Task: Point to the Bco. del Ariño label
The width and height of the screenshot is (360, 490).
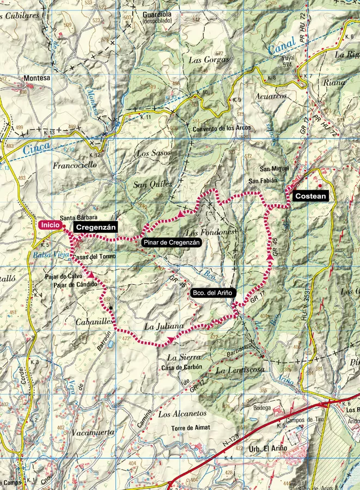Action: pyautogui.click(x=212, y=293)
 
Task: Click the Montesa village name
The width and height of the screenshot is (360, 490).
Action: pyautogui.click(x=36, y=78)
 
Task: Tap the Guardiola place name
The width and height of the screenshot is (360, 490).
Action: pyautogui.click(x=157, y=14)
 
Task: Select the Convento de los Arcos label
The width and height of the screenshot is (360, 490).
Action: pyautogui.click(x=222, y=129)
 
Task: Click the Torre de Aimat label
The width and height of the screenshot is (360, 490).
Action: pyautogui.click(x=191, y=429)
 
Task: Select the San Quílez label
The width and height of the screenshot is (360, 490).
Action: pyautogui.click(x=152, y=185)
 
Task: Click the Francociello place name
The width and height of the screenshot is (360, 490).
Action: pyautogui.click(x=75, y=164)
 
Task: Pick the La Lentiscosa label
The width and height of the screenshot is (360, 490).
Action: pyautogui.click(x=240, y=370)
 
